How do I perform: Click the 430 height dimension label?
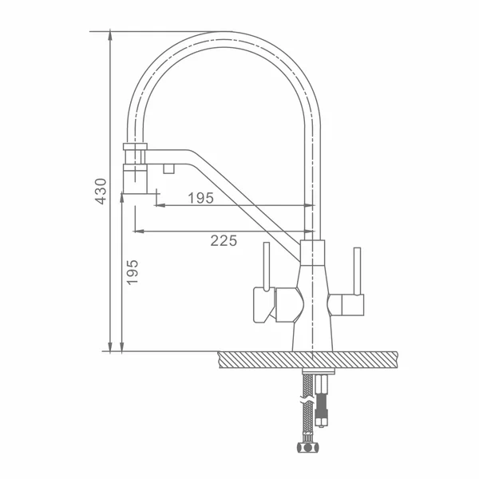(x=101, y=192)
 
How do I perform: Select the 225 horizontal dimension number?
(x=224, y=241)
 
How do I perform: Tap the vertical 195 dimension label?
(x=133, y=272)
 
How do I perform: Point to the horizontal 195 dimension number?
(x=200, y=198)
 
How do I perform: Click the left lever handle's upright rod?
(x=267, y=267)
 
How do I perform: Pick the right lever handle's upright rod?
(x=357, y=271)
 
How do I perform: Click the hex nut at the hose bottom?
(x=307, y=447)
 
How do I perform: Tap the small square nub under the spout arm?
(x=169, y=168)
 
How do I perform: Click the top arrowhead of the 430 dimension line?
(x=110, y=35)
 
